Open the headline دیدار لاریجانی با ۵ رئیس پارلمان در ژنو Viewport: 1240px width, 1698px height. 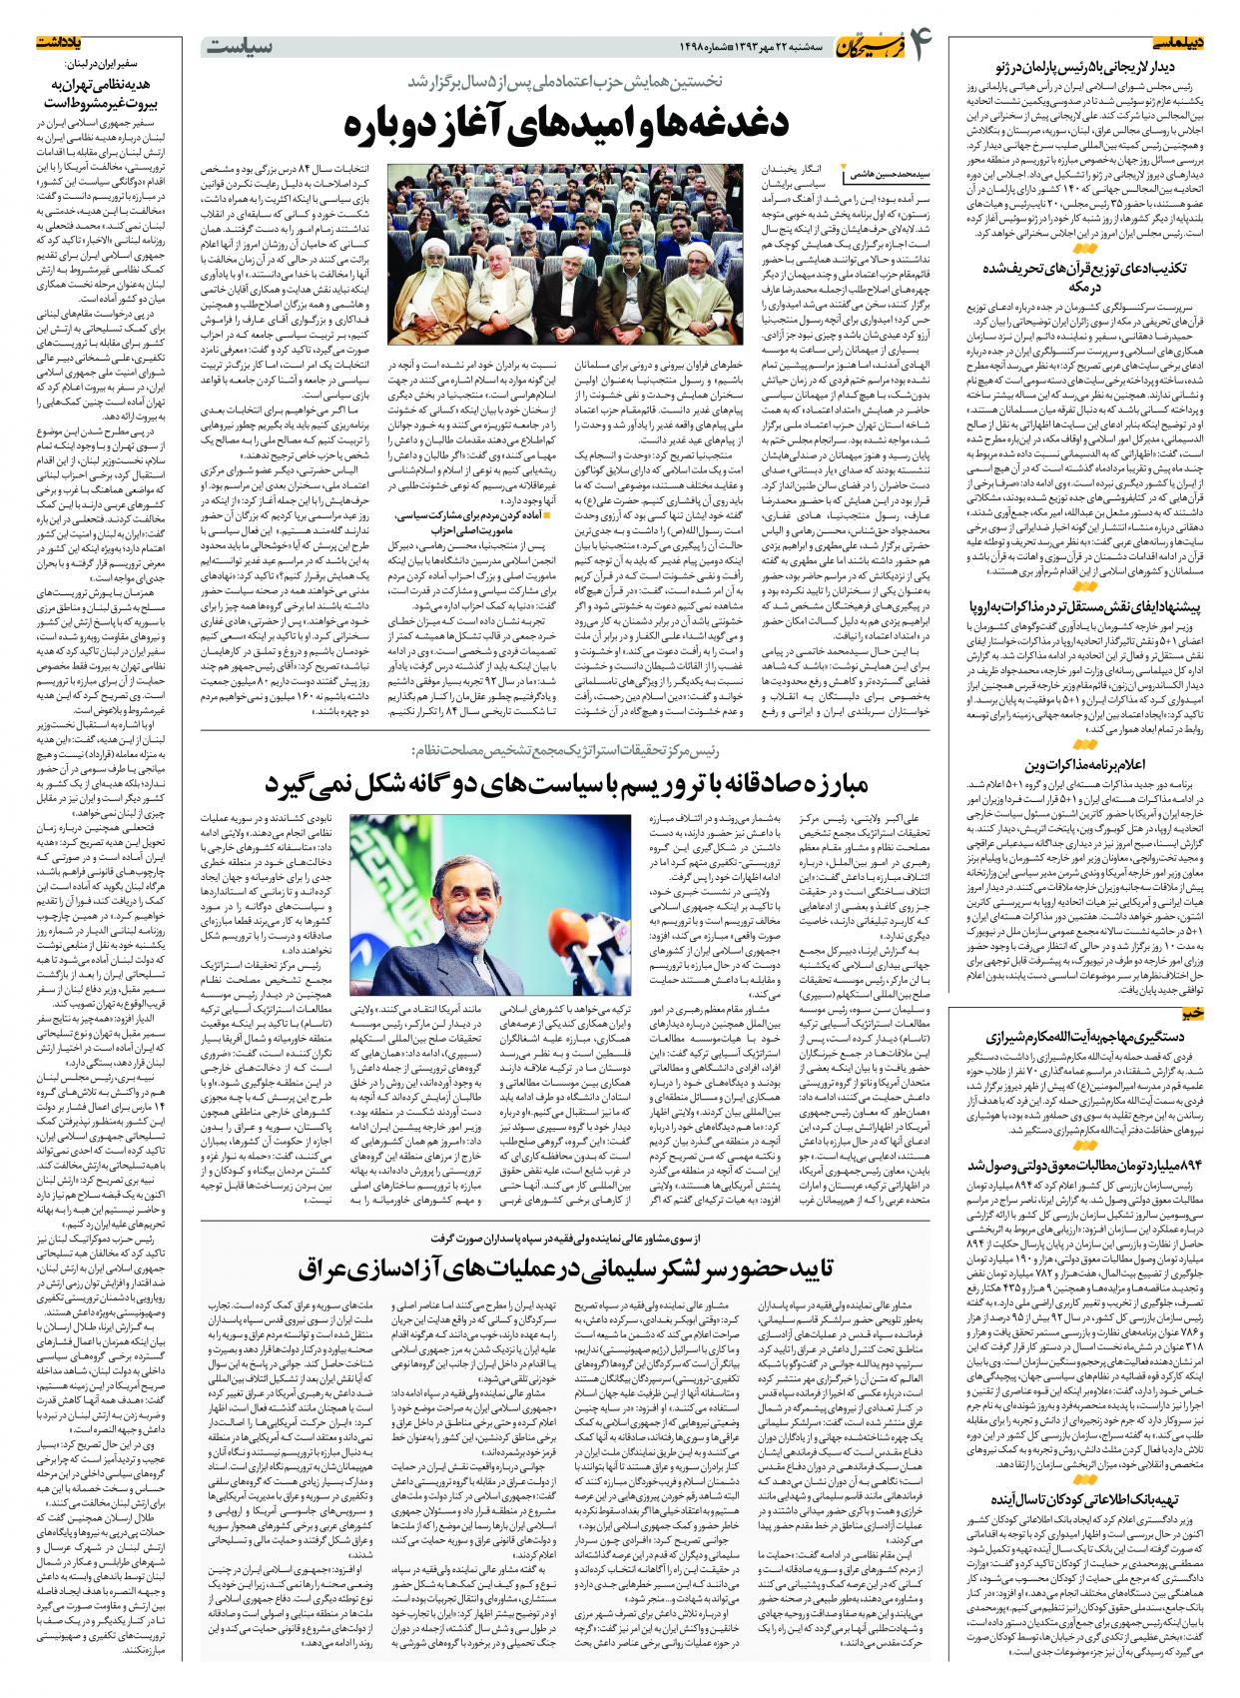click(x=1088, y=67)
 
